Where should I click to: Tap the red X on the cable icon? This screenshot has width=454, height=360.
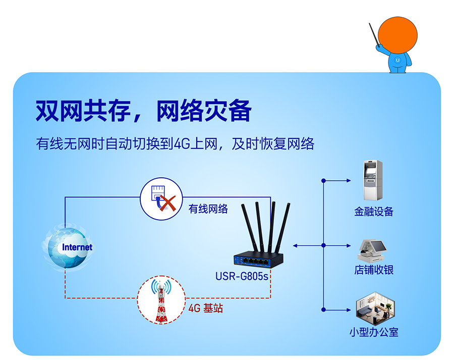click(x=167, y=203)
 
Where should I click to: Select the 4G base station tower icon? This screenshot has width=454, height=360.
click(x=161, y=300)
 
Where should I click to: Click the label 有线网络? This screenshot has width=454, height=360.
click(x=208, y=209)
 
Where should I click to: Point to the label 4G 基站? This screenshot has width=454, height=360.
click(x=206, y=308)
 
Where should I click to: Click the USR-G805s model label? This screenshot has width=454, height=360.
click(x=242, y=276)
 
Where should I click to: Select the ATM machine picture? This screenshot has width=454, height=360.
click(x=373, y=180)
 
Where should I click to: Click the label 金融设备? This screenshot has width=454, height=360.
click(x=373, y=212)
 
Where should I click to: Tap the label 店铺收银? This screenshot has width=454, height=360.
click(x=374, y=270)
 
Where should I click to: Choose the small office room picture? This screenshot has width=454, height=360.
click(x=375, y=308)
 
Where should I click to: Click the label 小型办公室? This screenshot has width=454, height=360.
click(x=374, y=332)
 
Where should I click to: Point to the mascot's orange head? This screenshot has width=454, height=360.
click(x=398, y=35)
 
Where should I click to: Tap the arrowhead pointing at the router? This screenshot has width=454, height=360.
click(x=295, y=246)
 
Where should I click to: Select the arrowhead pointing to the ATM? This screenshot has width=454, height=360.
click(x=349, y=181)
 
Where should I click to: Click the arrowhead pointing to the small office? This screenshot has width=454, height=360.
click(x=349, y=310)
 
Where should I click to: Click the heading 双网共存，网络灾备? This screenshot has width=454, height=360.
click(x=143, y=111)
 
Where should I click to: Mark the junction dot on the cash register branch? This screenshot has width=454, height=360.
click(x=324, y=245)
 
